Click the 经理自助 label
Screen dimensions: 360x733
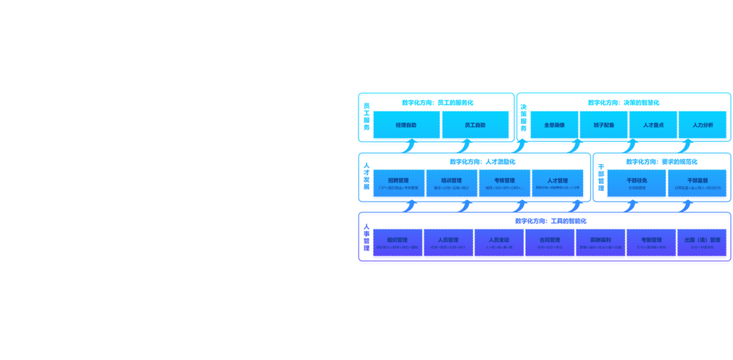[x=406, y=125]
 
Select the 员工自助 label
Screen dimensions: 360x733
[x=474, y=125]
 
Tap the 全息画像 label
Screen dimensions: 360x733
[x=554, y=125]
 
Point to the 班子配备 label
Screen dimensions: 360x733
[x=604, y=125]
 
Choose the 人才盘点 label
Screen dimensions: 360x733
[x=653, y=125]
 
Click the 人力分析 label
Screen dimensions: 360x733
[x=702, y=125]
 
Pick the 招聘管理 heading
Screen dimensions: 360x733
[x=398, y=181]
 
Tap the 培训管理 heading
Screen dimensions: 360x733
[x=451, y=181]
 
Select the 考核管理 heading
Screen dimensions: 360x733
[x=504, y=181]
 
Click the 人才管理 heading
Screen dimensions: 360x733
[x=558, y=181]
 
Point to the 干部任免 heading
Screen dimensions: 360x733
[x=637, y=181]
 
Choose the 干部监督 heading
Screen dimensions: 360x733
[x=698, y=181]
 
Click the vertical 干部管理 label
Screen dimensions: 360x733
[x=600, y=179]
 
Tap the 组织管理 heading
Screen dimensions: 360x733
[x=397, y=240]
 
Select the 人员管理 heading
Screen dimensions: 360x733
[x=448, y=240]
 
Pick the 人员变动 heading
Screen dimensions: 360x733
[x=499, y=240]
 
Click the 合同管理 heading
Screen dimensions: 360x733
[x=550, y=240]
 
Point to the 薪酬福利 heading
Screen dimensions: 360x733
[x=600, y=240]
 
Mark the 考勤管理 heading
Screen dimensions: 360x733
[x=651, y=240]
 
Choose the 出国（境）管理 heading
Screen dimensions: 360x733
[x=702, y=240]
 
